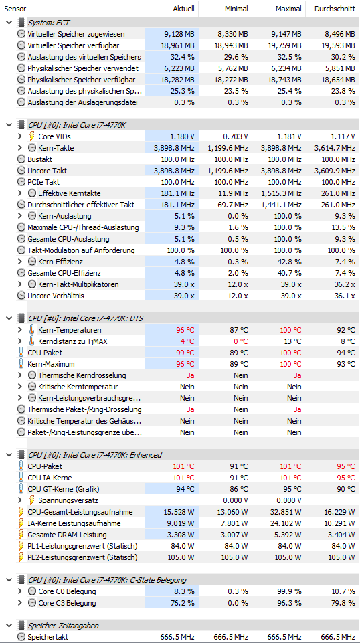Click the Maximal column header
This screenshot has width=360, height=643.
pos(288,9)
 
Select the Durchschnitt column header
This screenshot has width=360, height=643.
pos(335,9)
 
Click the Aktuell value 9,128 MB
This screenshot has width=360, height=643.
pos(177,34)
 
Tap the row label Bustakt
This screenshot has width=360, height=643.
pos(39,159)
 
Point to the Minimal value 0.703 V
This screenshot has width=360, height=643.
pos(234,136)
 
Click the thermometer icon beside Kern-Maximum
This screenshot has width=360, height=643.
pos(21,364)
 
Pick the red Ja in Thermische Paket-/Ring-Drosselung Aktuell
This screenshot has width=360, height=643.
pos(191,409)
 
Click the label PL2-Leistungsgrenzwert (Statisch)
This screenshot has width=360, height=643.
pos(82,557)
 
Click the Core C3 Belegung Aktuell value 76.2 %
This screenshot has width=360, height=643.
pos(185,603)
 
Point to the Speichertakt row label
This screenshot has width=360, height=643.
pos(45,637)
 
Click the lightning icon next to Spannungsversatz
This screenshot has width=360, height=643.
pos(31,500)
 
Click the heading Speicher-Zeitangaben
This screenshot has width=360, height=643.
pos(63,626)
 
